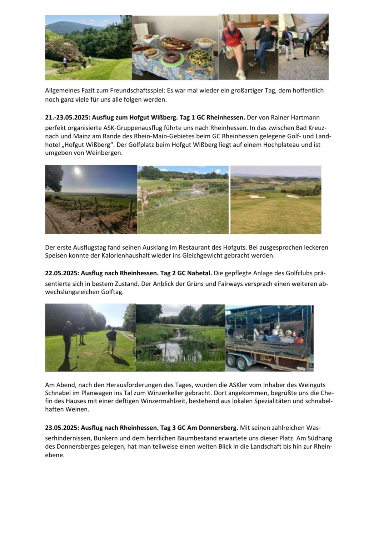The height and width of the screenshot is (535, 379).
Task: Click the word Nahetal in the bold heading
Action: click(200, 273)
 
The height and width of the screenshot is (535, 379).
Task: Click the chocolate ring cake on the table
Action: click(173, 58)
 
